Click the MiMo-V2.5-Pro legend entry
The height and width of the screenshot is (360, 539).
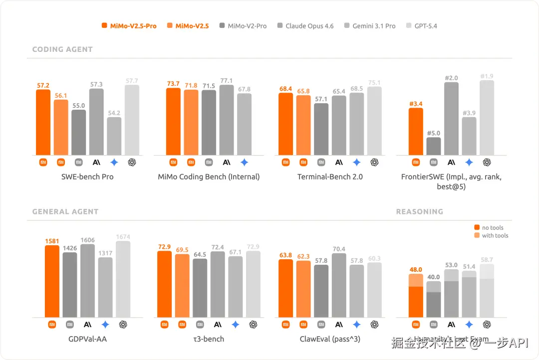[129, 26]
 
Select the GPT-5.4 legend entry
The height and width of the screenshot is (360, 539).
[422, 26]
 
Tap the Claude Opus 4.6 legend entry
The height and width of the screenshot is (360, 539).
[305, 26]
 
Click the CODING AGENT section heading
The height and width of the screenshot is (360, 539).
[62, 49]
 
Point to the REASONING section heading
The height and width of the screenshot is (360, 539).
[419, 211]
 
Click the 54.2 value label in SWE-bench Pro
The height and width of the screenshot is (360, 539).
[114, 113]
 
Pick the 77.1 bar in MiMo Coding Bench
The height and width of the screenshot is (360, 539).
[227, 120]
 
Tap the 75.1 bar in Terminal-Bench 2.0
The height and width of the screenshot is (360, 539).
[374, 121]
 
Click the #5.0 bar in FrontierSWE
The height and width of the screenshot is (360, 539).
[434, 146]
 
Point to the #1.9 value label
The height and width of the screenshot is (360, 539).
[487, 76]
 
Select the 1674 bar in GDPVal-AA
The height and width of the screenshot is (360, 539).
[123, 279]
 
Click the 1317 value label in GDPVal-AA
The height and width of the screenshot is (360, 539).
[105, 253]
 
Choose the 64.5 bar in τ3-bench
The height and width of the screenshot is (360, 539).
[200, 288]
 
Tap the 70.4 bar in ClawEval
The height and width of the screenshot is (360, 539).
[339, 285]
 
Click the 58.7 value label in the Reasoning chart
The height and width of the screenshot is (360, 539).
[487, 260]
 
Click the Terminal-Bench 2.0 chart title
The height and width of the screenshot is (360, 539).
[330, 177]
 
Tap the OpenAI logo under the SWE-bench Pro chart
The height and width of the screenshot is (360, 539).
[132, 162]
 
